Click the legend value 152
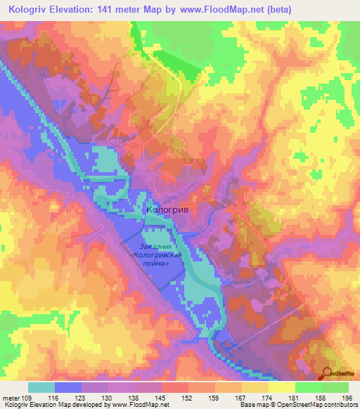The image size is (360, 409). [188, 398]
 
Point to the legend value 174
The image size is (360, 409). [269, 398]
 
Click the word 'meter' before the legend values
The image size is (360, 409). [11, 398]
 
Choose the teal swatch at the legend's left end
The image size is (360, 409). [41, 387]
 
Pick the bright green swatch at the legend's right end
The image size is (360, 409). [335, 387]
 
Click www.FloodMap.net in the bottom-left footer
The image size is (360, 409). [140, 405]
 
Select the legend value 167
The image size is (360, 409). [242, 398]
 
